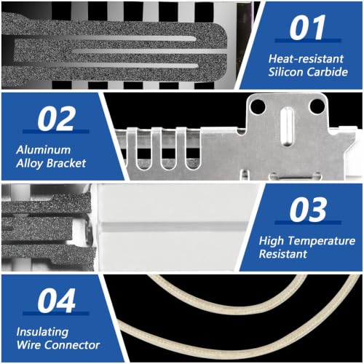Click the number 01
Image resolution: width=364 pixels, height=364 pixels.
coord(307,27)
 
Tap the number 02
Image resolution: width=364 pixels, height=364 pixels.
coord(56,119)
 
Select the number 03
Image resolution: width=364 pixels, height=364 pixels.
coord(308,209)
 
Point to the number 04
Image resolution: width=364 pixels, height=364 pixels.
coord(56,301)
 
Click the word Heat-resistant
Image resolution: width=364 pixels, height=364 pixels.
coord(306,59)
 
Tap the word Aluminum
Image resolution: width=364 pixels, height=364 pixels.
coord(44,150)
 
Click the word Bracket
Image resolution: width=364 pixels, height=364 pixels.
coord(66,163)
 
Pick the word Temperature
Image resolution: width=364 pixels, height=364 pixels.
coord(322,241)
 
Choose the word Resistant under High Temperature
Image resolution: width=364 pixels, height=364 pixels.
coord(283,254)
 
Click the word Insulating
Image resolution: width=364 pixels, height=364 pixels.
coord(42,332)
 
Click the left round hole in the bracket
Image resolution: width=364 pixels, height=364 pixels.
coord(258,106)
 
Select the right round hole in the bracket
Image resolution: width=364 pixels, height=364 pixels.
coord(317,106)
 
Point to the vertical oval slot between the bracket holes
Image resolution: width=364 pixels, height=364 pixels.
coord(287,127)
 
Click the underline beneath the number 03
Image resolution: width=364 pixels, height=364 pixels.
coord(308,222)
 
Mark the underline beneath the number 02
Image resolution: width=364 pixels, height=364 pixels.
coord(56,132)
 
